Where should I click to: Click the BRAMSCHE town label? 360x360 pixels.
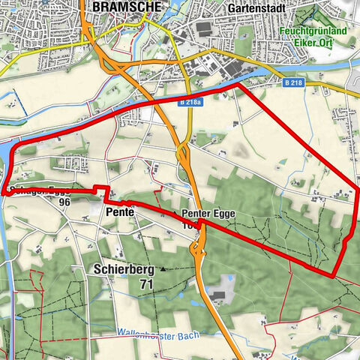120,7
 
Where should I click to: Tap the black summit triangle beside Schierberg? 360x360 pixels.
163,268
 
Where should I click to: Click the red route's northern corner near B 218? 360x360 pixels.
238,86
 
